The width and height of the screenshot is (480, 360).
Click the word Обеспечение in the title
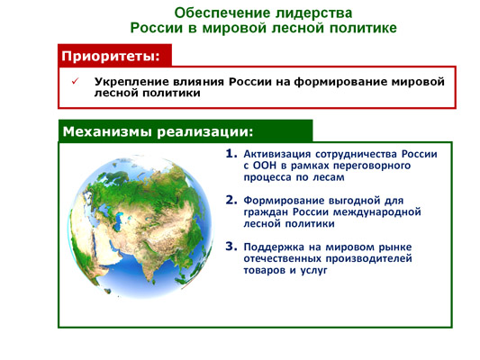[x=222, y=13]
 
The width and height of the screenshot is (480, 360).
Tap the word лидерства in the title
[x=314, y=13]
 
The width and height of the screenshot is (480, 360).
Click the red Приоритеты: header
[x=114, y=56]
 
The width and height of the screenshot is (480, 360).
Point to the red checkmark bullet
[x=75, y=81]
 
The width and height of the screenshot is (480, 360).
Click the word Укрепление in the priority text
[x=131, y=82]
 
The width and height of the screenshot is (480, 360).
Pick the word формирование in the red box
[x=340, y=82]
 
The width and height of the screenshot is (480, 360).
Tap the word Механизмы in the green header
[x=107, y=131]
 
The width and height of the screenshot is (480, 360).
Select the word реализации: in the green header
[x=205, y=131]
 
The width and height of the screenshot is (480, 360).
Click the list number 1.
[x=231, y=154]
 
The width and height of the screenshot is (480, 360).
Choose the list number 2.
[x=231, y=200]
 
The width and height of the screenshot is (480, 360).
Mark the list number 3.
[x=231, y=247]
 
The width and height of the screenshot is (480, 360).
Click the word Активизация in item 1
[x=277, y=154]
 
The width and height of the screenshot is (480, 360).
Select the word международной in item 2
[x=376, y=212]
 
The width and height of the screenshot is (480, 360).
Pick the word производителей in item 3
[x=368, y=259]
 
